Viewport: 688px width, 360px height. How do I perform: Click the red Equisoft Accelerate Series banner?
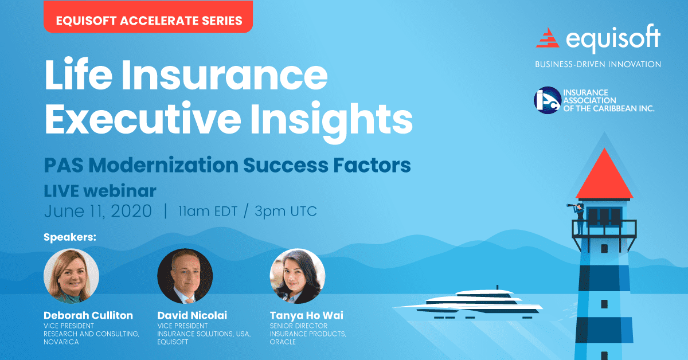click(148, 17)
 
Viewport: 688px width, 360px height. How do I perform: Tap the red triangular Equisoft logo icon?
click(548, 38)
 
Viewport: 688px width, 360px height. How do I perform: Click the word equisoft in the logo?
click(613, 38)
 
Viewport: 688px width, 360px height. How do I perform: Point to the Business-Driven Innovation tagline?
click(598, 64)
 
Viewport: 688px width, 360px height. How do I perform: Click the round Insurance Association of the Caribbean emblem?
click(548, 100)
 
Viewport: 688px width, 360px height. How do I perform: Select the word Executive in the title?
click(143, 119)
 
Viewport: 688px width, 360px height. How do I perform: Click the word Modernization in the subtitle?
click(163, 165)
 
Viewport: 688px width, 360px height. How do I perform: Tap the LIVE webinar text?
click(100, 191)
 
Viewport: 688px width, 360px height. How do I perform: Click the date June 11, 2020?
click(98, 211)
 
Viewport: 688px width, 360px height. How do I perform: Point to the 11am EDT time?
click(208, 212)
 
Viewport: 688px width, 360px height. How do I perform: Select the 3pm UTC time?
click(286, 212)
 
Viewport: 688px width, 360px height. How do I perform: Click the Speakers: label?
click(70, 237)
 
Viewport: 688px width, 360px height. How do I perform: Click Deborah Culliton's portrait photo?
click(71, 276)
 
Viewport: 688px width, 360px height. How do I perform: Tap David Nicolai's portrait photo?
click(185, 276)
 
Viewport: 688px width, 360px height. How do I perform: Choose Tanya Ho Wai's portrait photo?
click(298, 276)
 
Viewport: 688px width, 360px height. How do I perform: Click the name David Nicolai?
click(192, 315)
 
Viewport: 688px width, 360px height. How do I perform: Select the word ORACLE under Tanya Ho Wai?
click(283, 342)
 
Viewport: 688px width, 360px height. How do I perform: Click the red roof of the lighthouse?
click(604, 174)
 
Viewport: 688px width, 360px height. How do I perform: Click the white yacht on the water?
click(468, 303)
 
